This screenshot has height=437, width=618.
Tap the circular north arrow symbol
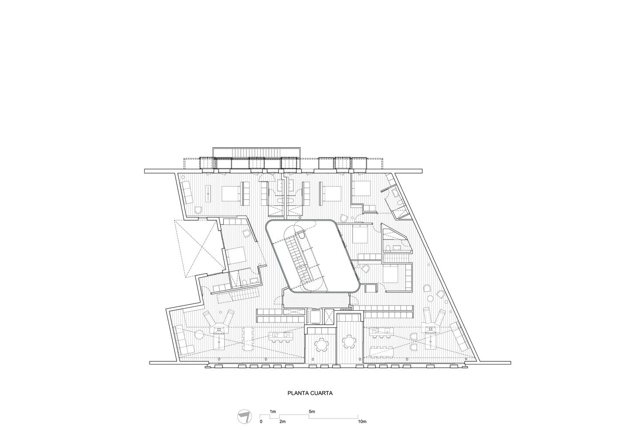tap(243, 416)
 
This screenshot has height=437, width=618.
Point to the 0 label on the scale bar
tap(261, 422)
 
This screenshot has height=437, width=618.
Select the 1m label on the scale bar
tap(273, 412)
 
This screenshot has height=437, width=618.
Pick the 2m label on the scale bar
tap(282, 422)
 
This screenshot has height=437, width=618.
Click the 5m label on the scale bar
tap(311, 412)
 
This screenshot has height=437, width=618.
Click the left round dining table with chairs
tap(323, 344)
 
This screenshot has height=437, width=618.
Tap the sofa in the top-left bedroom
tap(187, 193)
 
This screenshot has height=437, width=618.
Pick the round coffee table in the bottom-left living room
tap(199, 335)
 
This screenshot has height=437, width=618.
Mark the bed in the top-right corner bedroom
tap(361, 188)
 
